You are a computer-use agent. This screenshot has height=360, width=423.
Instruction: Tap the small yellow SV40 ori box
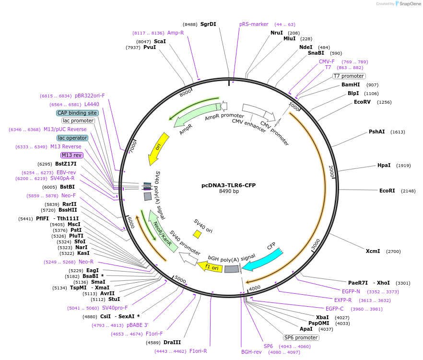click(197, 234)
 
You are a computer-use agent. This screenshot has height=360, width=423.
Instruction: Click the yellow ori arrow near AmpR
click(158, 149)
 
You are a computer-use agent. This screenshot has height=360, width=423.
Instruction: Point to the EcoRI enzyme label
click(387, 191)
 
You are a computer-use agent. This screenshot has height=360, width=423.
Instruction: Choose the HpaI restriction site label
click(384, 166)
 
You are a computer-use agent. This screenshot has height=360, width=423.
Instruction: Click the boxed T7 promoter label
click(349, 76)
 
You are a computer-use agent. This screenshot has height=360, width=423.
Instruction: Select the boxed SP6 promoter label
click(301, 337)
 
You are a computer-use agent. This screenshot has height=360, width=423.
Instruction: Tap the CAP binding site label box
click(77, 113)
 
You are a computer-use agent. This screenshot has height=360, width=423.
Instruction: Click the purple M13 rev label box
click(72, 155)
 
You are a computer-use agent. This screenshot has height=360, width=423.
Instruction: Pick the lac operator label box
click(72, 138)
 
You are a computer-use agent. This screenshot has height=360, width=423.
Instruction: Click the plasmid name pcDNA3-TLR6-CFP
click(229, 185)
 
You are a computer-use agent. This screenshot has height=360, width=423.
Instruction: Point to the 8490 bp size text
click(229, 192)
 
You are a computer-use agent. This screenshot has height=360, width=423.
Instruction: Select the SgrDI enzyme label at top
click(208, 24)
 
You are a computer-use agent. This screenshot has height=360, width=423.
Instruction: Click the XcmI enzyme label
click(373, 251)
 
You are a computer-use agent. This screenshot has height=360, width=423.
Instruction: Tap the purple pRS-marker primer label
click(254, 24)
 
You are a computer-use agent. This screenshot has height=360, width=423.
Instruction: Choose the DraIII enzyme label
click(172, 342)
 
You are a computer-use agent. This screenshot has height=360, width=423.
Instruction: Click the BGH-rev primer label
click(251, 352)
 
